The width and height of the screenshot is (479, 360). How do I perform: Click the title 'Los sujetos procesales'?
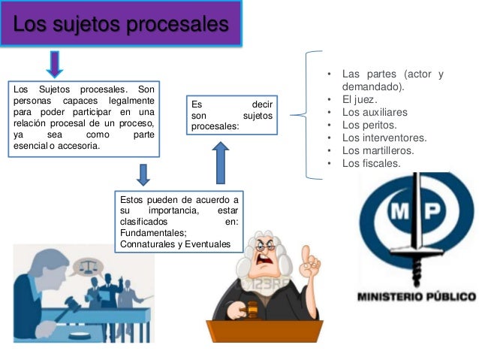[120, 26]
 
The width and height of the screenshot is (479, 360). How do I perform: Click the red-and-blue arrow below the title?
[55, 64]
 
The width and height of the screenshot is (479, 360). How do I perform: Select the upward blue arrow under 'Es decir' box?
[220, 163]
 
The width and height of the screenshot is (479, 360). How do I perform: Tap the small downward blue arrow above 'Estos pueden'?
[144, 174]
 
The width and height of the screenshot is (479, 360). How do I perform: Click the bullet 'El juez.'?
[360, 100]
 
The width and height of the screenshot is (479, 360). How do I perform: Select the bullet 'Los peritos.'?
[369, 126]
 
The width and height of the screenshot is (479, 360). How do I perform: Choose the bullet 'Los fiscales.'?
[371, 163]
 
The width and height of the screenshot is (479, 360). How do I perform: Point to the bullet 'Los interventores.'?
[384, 138]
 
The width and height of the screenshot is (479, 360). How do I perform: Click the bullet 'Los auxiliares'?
[373, 113]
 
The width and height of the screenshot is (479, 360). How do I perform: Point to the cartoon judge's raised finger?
[306, 254]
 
